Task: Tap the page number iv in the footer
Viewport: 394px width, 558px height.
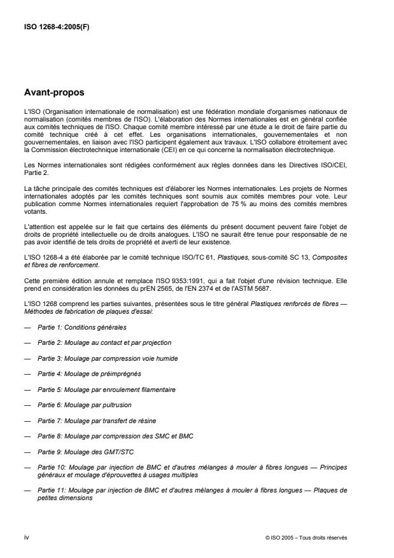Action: pyautogui.click(x=26, y=538)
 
